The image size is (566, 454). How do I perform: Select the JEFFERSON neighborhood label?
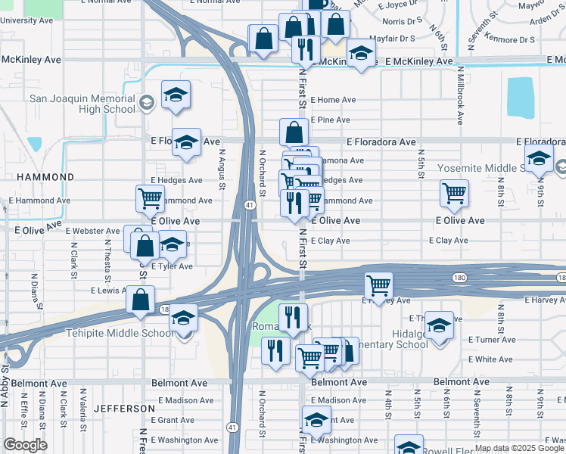125,408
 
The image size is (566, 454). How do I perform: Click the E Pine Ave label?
328,120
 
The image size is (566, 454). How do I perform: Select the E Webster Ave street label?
92,231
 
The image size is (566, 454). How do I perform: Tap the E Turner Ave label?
492,340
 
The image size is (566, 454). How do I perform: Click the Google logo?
25,445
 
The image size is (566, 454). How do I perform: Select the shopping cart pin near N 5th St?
454,193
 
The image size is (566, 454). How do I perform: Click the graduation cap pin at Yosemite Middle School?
539,158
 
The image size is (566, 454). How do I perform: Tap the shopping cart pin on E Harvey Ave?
378,285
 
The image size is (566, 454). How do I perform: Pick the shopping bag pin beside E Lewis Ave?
141,300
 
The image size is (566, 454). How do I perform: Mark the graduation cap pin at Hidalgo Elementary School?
439,325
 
